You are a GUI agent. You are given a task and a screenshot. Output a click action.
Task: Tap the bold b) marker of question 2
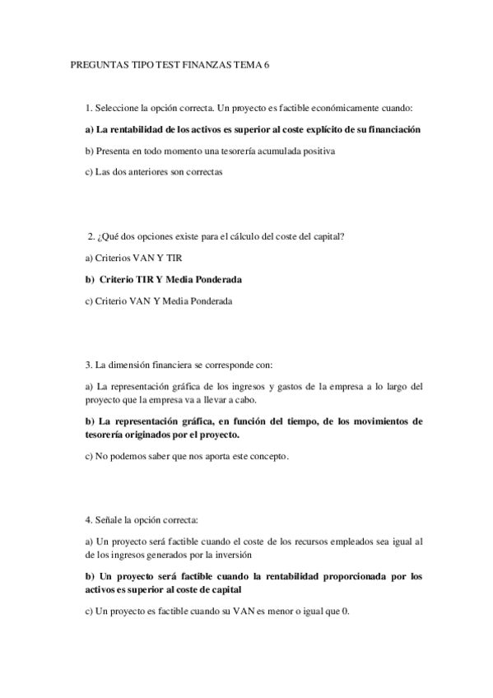90,280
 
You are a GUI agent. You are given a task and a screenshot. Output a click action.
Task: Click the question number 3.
88,365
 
